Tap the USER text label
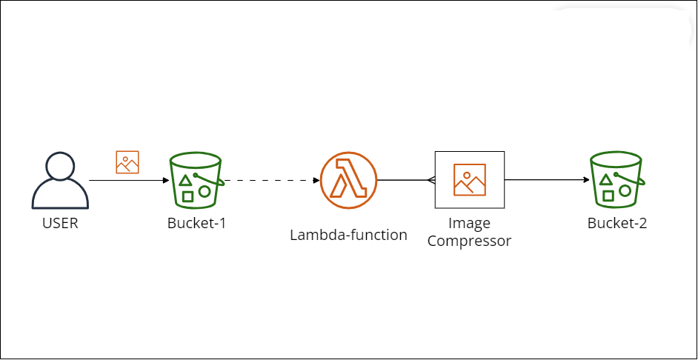point(60,223)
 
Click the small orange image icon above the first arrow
point(127,162)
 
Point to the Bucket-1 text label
point(196,223)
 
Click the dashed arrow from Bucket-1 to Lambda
point(270,180)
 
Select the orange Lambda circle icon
point(348,180)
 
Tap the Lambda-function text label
point(348,236)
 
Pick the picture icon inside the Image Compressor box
point(470,180)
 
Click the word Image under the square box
point(469,223)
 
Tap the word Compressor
point(469,241)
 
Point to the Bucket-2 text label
point(616,223)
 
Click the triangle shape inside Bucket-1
point(185,181)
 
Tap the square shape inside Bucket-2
point(608,196)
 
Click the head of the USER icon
point(60,166)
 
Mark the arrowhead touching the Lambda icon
point(316,180)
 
